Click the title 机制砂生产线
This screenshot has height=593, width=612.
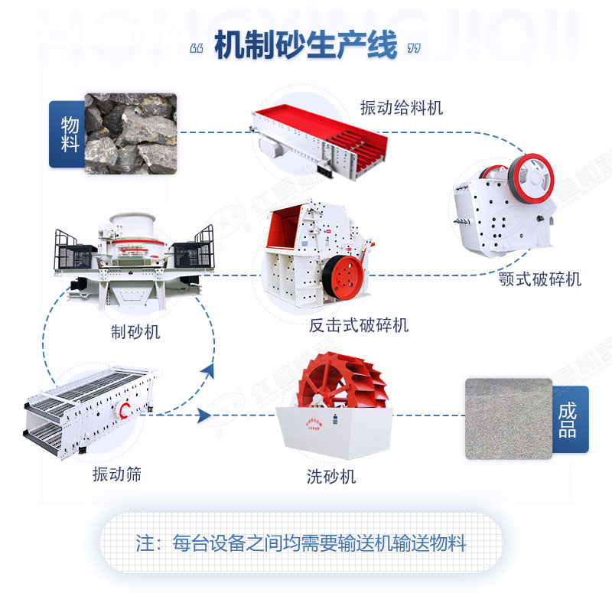[x=305, y=46]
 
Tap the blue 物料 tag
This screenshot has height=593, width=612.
[x=67, y=134]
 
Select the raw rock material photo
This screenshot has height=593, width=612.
[x=131, y=133]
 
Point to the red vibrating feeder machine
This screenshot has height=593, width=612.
[x=317, y=138]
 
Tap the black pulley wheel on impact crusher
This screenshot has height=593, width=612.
[x=342, y=275]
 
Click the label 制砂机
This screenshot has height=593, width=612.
[x=135, y=332]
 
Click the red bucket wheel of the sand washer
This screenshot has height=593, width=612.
[x=340, y=383]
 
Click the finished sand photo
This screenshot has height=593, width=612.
[x=508, y=419]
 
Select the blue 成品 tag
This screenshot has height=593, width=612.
[x=568, y=419]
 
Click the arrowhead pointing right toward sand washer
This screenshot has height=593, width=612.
[x=203, y=415]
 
